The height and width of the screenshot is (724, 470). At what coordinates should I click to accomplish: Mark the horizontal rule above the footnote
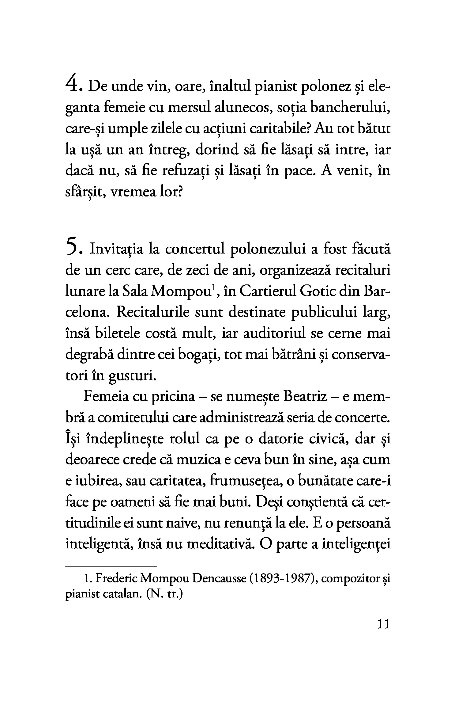(x=111, y=566)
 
